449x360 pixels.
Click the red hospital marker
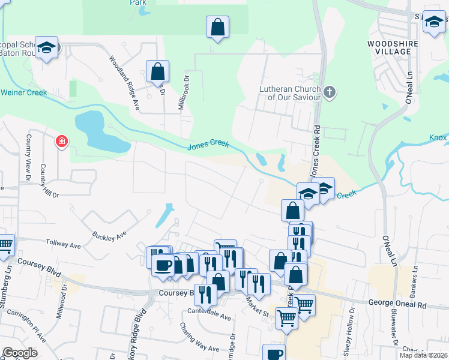tap(61, 142)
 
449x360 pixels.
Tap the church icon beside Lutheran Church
tap(328, 92)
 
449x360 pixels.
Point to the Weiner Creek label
tap(24, 92)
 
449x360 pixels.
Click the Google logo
tap(20, 353)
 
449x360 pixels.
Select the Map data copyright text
tap(423, 355)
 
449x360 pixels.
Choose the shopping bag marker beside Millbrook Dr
tap(157, 71)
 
